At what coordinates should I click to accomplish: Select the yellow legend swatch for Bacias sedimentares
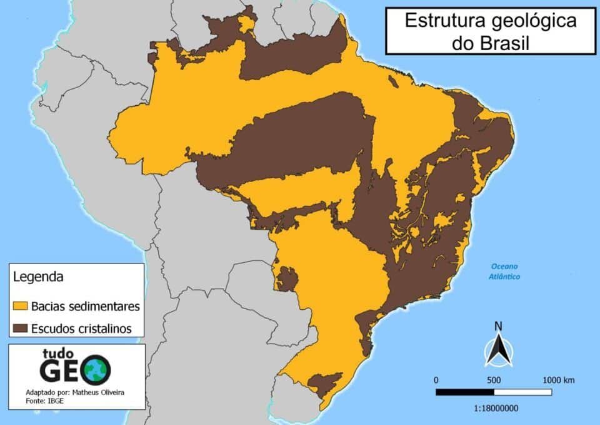[x=20, y=306]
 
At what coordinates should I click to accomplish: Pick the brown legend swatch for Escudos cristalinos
[x=20, y=328]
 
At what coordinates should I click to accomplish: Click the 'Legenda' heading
[x=37, y=275]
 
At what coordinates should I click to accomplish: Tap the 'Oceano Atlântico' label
[x=505, y=271]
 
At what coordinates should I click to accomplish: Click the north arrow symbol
[x=498, y=351]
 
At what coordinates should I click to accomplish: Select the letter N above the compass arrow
[x=498, y=326]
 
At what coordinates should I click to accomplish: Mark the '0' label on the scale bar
[x=436, y=380]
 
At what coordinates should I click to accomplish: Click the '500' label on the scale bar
[x=494, y=380]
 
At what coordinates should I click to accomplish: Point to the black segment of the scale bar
[x=464, y=392]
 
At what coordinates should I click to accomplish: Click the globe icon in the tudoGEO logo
[x=97, y=370]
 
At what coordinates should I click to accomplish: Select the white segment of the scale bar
[x=522, y=392]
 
